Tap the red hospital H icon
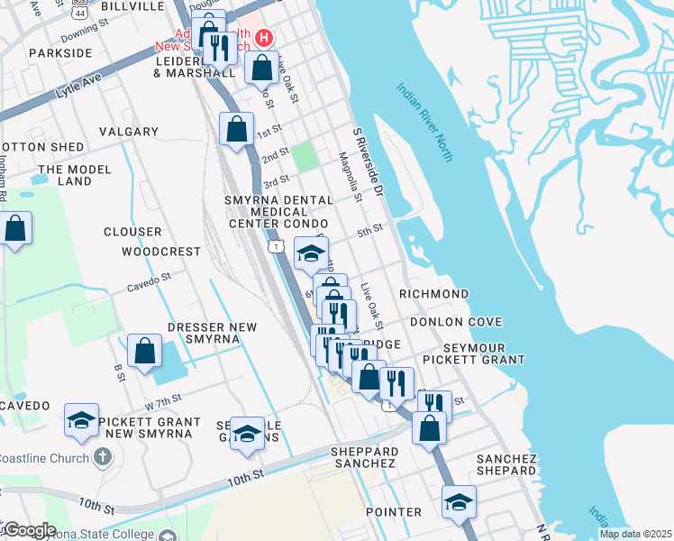pyautogui.click(x=264, y=37)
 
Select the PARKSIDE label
pyautogui.click(x=60, y=53)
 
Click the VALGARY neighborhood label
pyautogui.click(x=129, y=132)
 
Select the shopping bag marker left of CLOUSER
pyautogui.click(x=15, y=228)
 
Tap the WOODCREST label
pyautogui.click(x=161, y=252)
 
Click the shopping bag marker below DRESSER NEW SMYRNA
pyautogui.click(x=144, y=352)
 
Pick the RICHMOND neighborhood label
pyautogui.click(x=433, y=294)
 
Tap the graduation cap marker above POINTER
pyautogui.click(x=459, y=501)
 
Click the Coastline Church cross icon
pyautogui.click(x=103, y=457)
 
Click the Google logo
pyautogui.click(x=29, y=530)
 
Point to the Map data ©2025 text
pyautogui.click(x=634, y=534)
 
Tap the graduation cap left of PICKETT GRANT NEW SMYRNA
pyautogui.click(x=81, y=420)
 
